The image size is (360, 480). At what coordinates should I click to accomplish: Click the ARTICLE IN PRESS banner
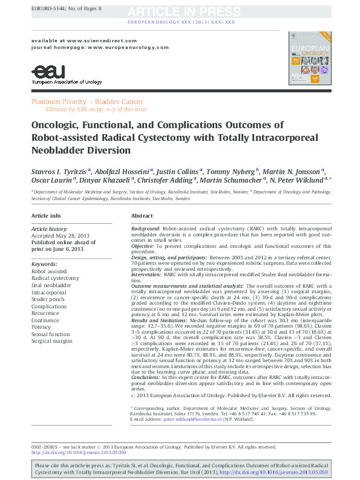pos(180,11)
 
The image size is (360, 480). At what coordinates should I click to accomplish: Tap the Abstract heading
pos(142,215)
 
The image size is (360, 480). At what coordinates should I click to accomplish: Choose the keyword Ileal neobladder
pos(55,285)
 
